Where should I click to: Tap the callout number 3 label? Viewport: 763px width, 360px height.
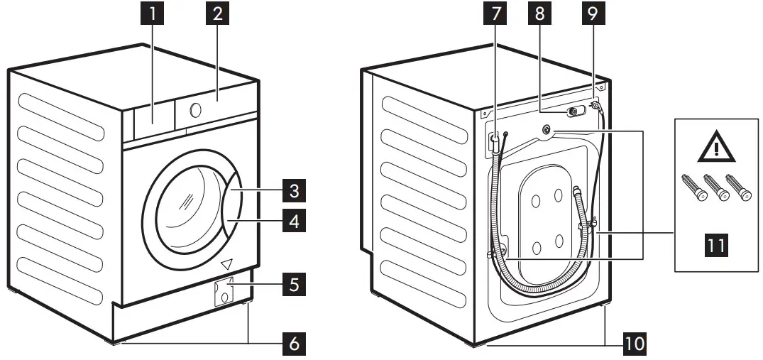[x=293, y=192]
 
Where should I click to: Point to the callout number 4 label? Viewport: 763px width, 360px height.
[x=293, y=222]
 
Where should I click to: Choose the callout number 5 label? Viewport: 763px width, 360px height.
[x=293, y=285]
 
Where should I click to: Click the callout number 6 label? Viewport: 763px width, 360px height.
[x=293, y=344]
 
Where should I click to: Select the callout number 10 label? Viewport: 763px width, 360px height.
[x=635, y=344]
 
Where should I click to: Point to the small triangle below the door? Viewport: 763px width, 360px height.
[x=227, y=264]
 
